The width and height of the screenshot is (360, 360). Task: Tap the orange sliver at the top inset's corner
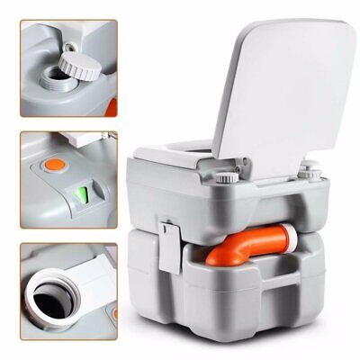pos(105,90)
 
